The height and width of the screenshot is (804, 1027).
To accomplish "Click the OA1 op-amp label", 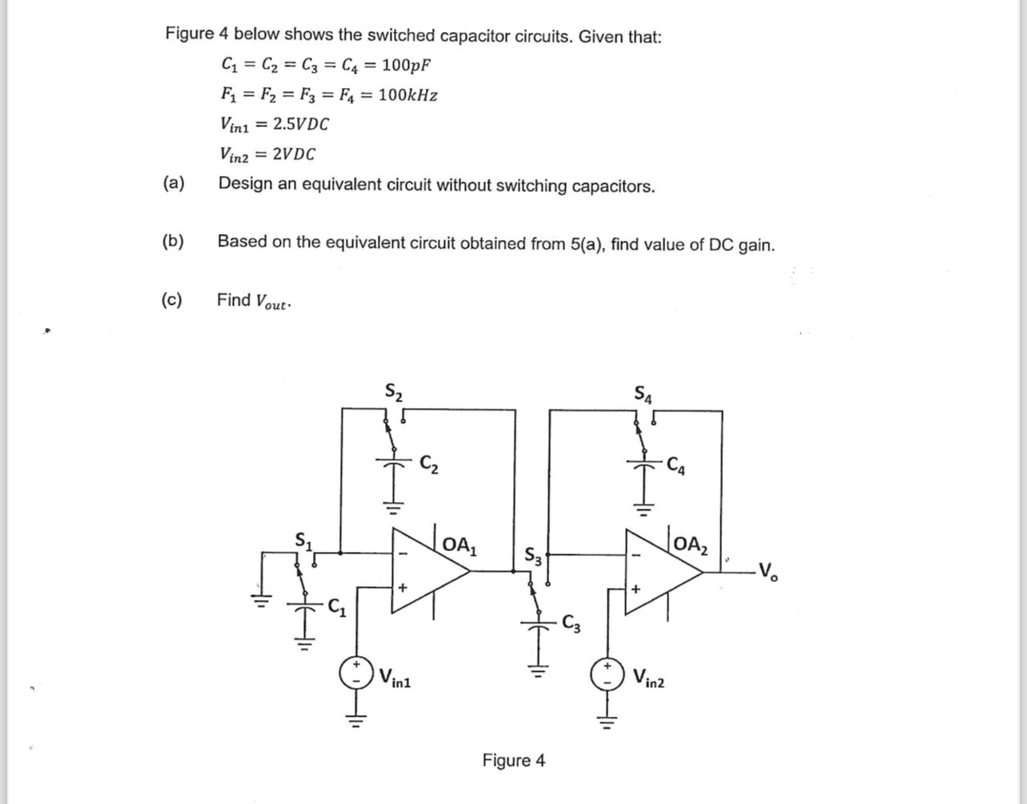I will pyautogui.click(x=460, y=546).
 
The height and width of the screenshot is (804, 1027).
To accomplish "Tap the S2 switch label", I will pyautogui.click(x=394, y=392).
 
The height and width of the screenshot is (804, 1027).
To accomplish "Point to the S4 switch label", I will pyautogui.click(x=644, y=393).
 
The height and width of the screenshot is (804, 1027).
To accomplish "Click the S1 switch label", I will pyautogui.click(x=305, y=540).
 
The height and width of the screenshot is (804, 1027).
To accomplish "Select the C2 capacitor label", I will pyautogui.click(x=429, y=463).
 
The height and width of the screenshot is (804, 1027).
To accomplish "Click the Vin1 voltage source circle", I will pyautogui.click(x=356, y=673).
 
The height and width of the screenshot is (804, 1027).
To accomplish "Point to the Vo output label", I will pyautogui.click(x=766, y=572).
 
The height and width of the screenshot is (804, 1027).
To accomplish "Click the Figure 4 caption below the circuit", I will pyautogui.click(x=513, y=760).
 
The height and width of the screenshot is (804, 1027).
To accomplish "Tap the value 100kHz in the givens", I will pyautogui.click(x=407, y=95).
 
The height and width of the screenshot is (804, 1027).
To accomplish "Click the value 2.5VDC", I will pyautogui.click(x=300, y=125).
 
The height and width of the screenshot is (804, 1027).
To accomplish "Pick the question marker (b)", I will pyautogui.click(x=172, y=241).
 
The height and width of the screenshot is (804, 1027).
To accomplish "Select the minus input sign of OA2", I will pyautogui.click(x=637, y=553).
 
